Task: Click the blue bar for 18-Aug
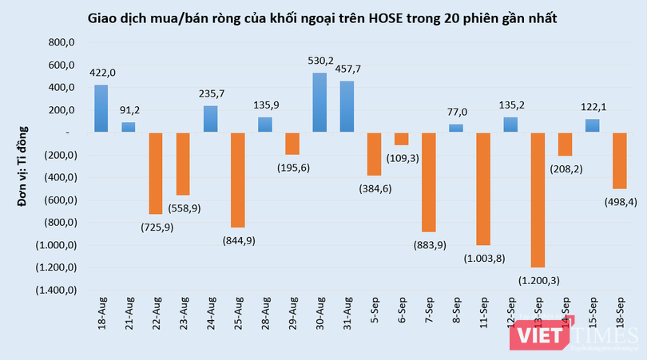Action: tap(101, 109)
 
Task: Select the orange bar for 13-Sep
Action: tap(537, 200)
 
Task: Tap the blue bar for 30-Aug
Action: tap(319, 102)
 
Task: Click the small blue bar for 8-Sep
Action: tap(455, 128)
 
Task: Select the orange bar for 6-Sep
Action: tap(401, 138)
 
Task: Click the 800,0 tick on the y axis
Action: tap(61, 42)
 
